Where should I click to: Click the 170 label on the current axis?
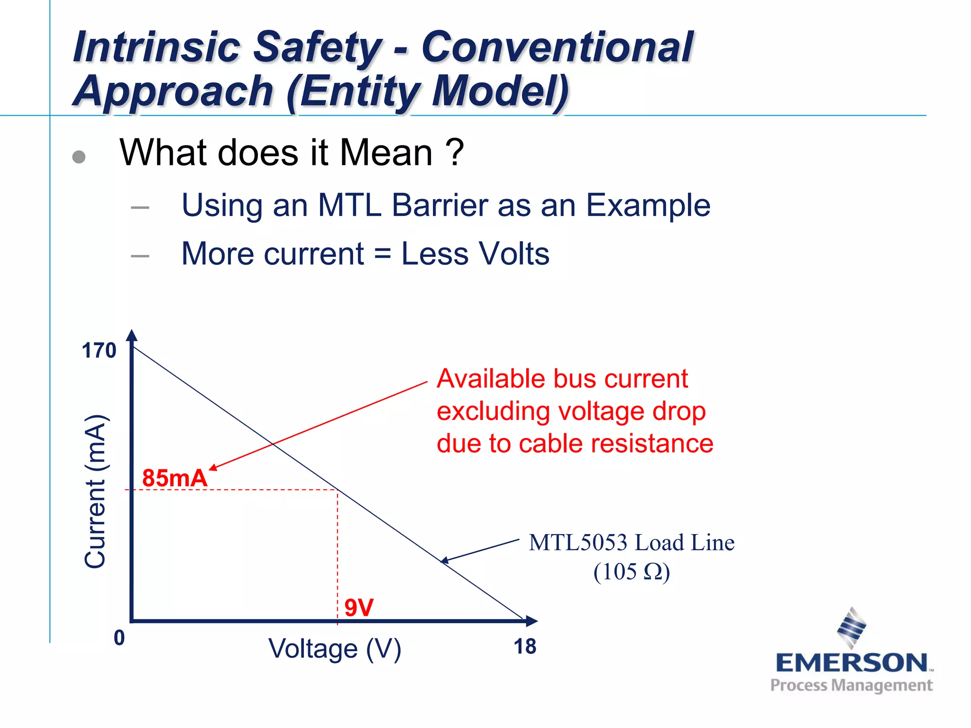(99, 351)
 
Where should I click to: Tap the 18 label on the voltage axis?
(525, 646)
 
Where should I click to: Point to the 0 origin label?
(119, 638)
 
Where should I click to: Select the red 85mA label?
(174, 478)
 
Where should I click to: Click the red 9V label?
(359, 608)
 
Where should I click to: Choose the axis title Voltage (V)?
(335, 649)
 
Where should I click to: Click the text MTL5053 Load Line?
(632, 543)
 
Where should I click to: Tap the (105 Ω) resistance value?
(632, 572)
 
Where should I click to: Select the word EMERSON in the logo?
(852, 663)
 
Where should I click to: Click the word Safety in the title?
(317, 47)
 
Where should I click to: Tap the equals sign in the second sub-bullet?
(382, 254)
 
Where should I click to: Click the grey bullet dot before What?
(79, 157)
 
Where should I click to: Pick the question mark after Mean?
(455, 153)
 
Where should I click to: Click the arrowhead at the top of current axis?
(132, 335)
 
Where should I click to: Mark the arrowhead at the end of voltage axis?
(532, 621)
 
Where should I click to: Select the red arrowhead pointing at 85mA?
(213, 468)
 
